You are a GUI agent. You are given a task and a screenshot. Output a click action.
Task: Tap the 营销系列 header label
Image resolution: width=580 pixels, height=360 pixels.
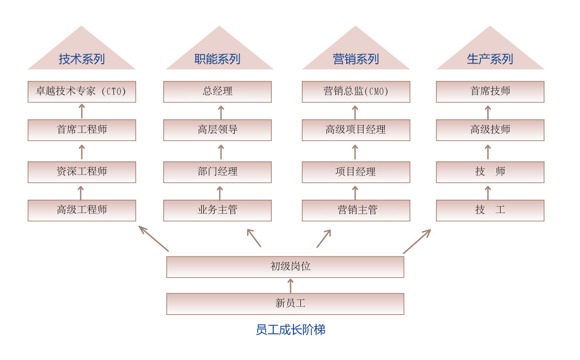[x=356, y=59]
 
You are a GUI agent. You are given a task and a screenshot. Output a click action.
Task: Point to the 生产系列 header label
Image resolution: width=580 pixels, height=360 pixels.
[x=490, y=59]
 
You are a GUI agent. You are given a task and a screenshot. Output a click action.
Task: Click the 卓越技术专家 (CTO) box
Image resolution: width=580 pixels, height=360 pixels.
[x=82, y=92]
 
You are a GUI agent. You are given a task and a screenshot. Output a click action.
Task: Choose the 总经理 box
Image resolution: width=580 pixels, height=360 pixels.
[x=217, y=92]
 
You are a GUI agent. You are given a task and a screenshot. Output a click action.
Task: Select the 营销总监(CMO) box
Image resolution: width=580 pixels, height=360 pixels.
[x=356, y=92]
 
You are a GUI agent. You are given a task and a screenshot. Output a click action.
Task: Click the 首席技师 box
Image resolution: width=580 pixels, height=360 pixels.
[x=490, y=92]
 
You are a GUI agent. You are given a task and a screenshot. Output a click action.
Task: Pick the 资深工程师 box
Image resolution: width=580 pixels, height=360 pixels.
[x=82, y=172]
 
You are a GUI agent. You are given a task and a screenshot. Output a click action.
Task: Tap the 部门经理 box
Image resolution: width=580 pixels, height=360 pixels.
[x=217, y=172]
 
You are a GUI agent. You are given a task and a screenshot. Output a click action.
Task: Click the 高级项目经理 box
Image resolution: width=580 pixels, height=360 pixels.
[x=356, y=130]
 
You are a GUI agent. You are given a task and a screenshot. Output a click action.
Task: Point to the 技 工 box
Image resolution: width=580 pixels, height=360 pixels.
[x=490, y=211]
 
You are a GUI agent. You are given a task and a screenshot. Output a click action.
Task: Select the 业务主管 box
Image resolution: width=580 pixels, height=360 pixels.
[x=217, y=211]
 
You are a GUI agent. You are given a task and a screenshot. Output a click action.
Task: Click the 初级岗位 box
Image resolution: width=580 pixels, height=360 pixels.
[x=285, y=267]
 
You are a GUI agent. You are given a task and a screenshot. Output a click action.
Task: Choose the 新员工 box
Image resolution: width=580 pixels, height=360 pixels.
[x=285, y=304]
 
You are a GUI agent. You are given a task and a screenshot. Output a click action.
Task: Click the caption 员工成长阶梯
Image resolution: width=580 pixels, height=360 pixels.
[x=291, y=329]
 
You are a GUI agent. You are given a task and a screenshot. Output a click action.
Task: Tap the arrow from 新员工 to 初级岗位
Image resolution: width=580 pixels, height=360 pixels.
[x=291, y=286]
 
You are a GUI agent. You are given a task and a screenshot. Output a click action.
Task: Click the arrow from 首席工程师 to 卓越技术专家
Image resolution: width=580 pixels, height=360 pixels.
[x=82, y=111]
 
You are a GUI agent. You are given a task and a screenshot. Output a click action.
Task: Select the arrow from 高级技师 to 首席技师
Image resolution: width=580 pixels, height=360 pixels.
[x=488, y=112]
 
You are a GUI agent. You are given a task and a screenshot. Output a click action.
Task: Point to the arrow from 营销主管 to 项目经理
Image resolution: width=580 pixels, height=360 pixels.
[x=355, y=193]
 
